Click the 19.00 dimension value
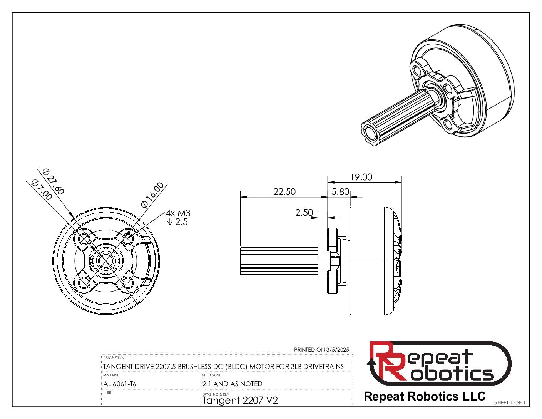coord(361,177)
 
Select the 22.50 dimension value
coord(284,192)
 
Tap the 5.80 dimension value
coord(340,192)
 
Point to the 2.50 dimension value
coord(304,213)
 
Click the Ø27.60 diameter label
coord(54,182)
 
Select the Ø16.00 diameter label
coord(152,195)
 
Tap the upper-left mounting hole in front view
coord(84,240)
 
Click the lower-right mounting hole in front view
coord(127,283)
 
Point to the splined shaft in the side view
coord(279,261)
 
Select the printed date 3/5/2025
coord(337,350)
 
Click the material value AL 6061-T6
coord(120,384)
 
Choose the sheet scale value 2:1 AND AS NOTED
coord(232,384)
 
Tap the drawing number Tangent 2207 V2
coord(240,401)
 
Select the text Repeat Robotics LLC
coord(425,396)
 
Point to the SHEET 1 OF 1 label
coord(510,402)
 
